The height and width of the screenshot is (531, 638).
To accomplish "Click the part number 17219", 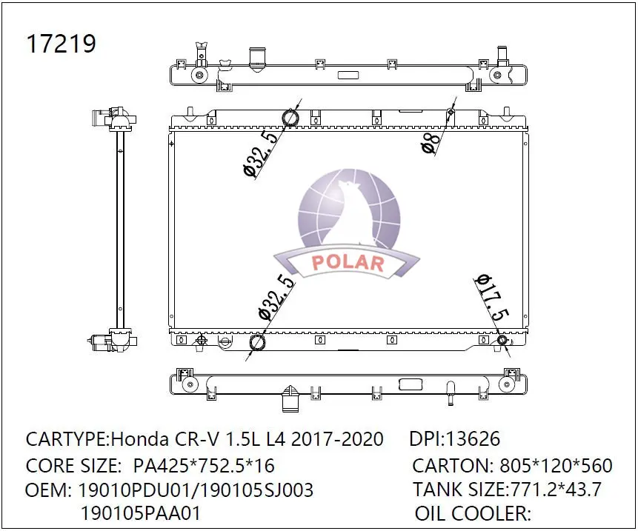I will coord(61,44).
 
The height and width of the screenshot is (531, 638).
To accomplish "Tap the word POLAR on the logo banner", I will coord(348,264).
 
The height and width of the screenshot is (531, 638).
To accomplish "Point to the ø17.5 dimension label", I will coord(491,296).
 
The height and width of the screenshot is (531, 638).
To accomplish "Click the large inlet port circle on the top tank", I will coord(289,118).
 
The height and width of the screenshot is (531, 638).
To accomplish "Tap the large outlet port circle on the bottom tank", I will coord(258,342).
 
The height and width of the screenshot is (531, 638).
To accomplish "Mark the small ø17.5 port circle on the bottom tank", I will coord(502,340).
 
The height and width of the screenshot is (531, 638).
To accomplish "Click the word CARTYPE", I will coord(66,439).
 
